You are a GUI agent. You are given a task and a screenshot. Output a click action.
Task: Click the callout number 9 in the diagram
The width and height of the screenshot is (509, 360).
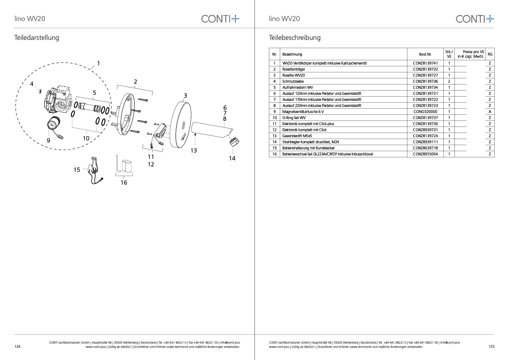(48, 140)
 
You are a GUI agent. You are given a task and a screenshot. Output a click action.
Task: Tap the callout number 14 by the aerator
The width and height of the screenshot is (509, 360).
(232, 158)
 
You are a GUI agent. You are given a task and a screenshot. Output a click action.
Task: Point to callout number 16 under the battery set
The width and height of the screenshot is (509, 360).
(124, 182)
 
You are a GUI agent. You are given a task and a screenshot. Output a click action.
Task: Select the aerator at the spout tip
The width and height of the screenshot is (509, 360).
(234, 142)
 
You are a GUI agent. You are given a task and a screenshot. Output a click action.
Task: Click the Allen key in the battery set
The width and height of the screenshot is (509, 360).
(118, 164)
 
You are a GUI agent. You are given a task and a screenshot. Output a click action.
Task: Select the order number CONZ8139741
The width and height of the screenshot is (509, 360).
(425, 63)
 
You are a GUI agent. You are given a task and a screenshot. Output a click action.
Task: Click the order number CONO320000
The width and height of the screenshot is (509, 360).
(425, 112)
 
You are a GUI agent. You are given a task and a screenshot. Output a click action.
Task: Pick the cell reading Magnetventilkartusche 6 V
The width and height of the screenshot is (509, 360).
(303, 112)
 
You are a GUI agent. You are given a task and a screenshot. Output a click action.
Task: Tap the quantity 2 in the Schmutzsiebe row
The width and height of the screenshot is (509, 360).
(449, 81)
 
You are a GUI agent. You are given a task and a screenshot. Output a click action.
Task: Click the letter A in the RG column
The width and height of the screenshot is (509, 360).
(490, 112)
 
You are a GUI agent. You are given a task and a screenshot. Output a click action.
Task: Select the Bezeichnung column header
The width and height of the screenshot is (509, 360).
(292, 54)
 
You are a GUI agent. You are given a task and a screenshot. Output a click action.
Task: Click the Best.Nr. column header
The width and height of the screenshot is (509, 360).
(425, 54)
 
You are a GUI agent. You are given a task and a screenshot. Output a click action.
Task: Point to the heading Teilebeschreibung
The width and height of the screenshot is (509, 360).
(295, 37)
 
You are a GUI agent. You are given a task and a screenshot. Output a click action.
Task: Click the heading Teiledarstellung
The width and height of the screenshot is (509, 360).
(37, 37)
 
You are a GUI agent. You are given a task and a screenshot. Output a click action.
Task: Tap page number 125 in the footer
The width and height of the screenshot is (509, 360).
(491, 346)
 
